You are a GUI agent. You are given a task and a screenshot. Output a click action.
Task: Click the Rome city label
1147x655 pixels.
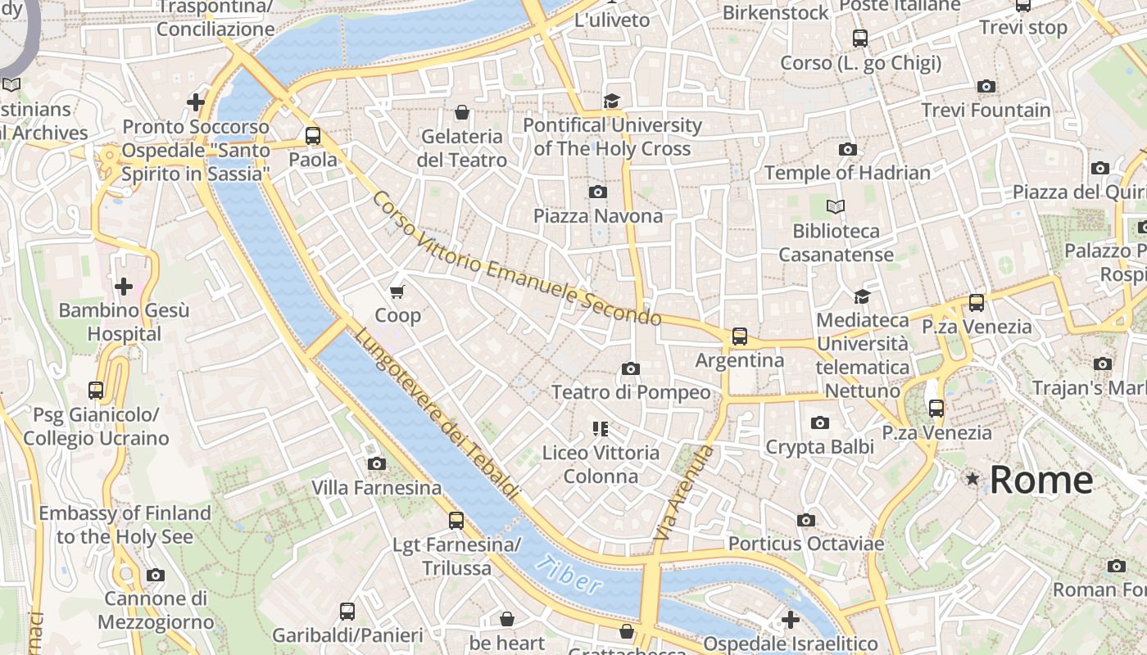coord(1041,480)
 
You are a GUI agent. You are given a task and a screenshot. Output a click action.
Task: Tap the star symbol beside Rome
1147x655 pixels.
coord(972,478)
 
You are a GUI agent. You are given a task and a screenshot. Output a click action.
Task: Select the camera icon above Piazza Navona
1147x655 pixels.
coord(598,192)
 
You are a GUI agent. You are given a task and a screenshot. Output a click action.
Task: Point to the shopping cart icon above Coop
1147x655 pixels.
coord(397,291)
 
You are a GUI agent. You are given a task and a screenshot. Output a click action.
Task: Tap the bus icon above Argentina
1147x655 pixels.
coord(740,336)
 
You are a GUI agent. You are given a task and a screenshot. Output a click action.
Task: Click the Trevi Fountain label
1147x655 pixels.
coord(986,110)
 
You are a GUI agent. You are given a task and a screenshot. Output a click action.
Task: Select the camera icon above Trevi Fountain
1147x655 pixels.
coord(986,86)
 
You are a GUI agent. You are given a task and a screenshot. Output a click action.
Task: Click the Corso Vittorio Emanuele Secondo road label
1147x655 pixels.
coord(516,260)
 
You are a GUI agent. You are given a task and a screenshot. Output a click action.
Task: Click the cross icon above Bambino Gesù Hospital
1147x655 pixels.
coord(124,287)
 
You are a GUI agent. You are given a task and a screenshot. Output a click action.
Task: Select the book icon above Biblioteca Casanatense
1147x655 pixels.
coord(835,206)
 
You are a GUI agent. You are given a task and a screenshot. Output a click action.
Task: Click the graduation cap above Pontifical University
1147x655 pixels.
coord(611,101)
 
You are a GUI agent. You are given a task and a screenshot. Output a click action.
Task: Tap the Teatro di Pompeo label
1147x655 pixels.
coord(631,392)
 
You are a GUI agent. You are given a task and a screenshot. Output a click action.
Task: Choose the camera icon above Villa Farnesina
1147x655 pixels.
coord(376,464)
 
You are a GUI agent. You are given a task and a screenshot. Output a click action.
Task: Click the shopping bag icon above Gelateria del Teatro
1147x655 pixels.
coord(462,112)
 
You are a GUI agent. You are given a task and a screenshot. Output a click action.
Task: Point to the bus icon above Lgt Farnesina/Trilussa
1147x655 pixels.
coord(456,520)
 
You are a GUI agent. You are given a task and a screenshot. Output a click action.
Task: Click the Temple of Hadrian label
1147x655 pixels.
coord(847,173)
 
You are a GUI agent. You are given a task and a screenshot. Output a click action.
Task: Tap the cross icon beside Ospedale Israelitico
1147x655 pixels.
coord(790,620)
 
